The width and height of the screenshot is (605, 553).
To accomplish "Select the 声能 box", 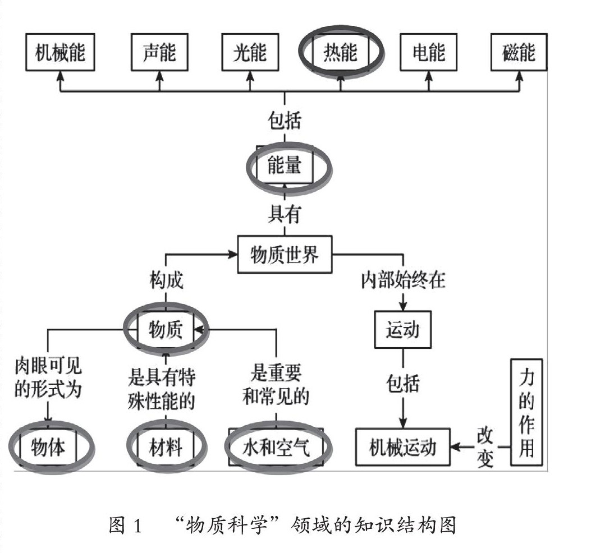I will point(159,53).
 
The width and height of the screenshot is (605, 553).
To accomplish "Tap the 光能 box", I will point(250,53).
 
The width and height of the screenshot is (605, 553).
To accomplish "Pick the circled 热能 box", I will point(341,53).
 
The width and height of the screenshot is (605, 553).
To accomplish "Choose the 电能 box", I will point(429,53).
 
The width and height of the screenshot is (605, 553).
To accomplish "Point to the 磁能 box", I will point(519,53).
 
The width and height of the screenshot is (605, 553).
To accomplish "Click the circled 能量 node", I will point(285,165).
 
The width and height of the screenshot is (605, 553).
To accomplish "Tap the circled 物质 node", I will point(166,330).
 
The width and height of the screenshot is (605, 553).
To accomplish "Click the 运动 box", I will point(403,329).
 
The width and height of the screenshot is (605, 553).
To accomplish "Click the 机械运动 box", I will point(402,448).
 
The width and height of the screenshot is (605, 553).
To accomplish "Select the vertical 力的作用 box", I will point(526,412).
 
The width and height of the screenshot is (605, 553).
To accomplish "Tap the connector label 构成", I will point(166,280).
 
